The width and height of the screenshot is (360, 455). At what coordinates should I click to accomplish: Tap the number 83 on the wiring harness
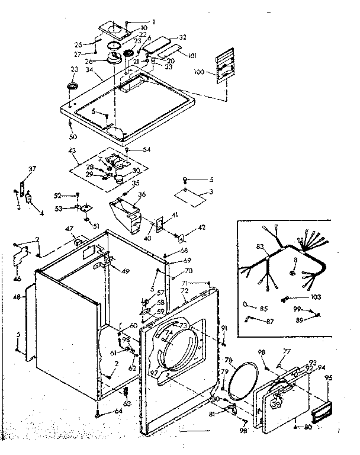(259, 246)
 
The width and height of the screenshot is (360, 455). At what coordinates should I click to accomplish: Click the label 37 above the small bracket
(33, 169)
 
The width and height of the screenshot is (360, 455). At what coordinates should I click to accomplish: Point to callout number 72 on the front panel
(185, 291)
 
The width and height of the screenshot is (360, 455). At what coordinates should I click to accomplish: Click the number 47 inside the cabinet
(69, 229)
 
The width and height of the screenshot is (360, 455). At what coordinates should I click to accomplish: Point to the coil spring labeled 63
(126, 392)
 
